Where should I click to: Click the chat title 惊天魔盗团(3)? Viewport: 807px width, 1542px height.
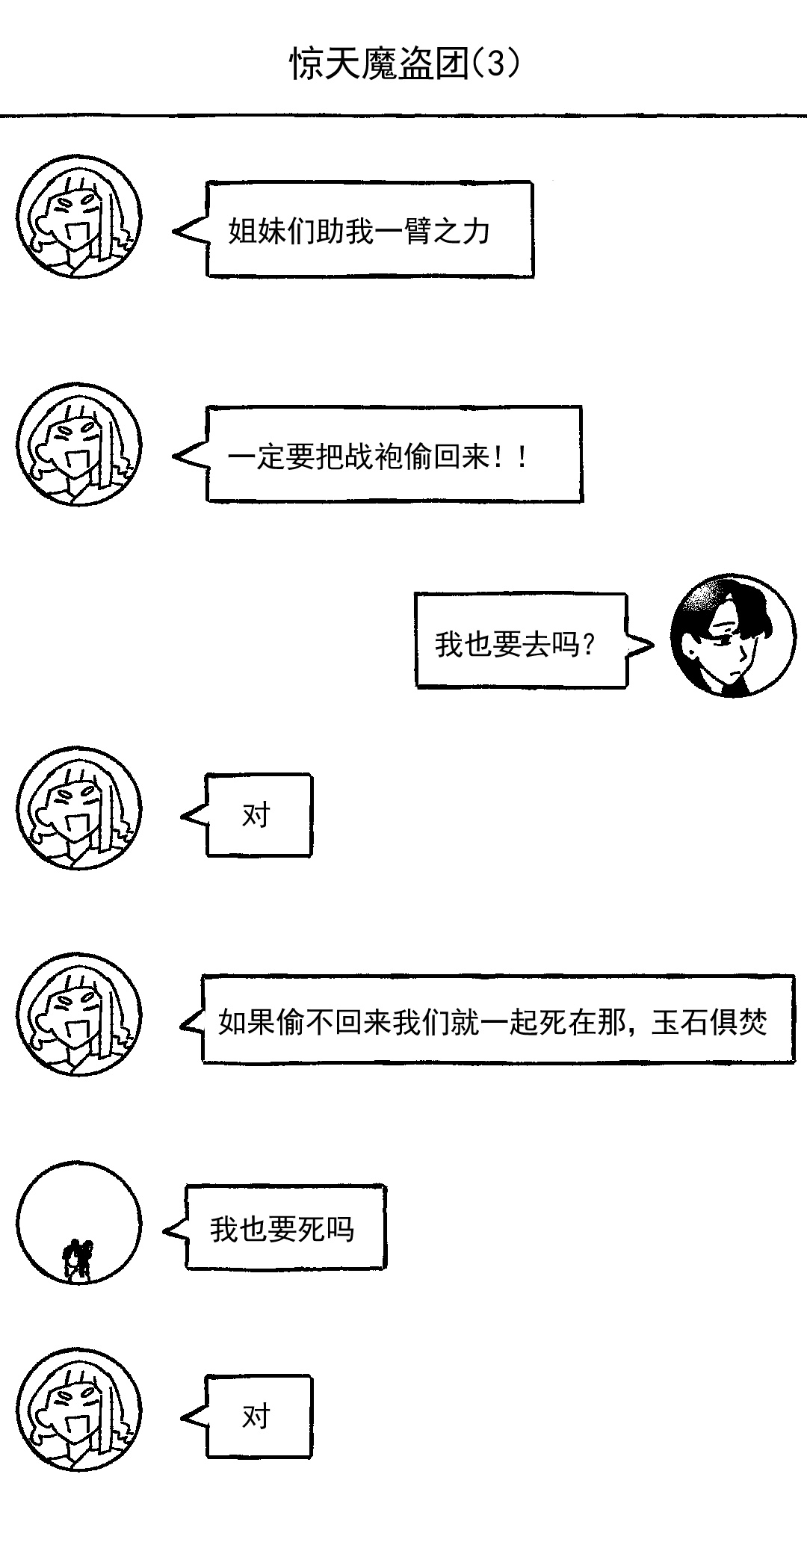click(404, 64)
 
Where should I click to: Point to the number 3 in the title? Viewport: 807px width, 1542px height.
click(496, 64)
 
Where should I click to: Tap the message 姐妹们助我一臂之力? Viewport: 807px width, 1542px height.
click(370, 230)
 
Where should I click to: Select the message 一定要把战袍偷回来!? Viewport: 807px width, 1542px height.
click(393, 455)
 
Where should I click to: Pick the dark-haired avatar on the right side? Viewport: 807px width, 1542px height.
click(732, 637)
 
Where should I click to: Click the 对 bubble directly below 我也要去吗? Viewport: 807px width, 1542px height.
click(258, 814)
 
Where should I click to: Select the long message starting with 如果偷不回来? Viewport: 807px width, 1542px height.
click(497, 1020)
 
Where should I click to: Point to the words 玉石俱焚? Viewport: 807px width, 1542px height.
click(709, 1021)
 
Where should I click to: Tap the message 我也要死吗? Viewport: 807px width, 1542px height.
click(285, 1228)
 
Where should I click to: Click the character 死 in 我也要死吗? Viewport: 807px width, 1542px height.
click(312, 1229)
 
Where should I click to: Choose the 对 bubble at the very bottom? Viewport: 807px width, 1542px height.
click(258, 1416)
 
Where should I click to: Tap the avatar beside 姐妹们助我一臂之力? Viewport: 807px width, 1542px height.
click(79, 217)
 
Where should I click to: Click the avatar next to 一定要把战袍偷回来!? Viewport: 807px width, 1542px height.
click(79, 445)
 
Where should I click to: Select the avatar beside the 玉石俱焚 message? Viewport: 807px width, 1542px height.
click(79, 1014)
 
